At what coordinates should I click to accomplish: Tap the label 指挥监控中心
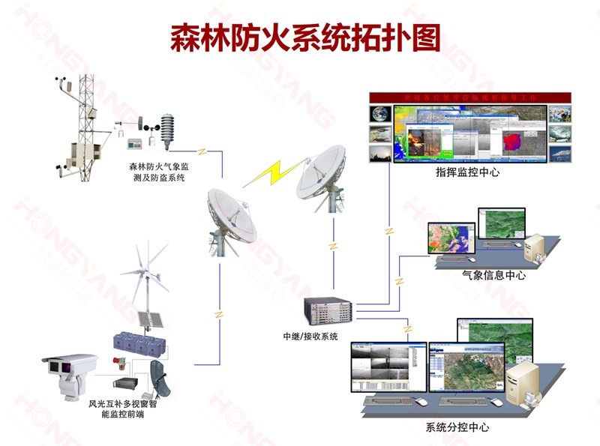pos(467,172)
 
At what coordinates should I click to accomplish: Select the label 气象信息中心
pos(494,275)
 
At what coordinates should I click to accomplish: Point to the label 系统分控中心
pos(457,428)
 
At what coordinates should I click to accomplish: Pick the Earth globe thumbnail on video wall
pos(380,114)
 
